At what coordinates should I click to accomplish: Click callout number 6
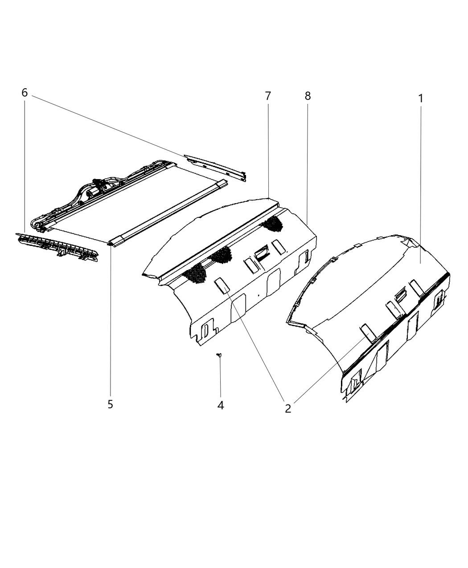pos(25,93)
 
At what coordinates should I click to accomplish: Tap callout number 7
pos(268,96)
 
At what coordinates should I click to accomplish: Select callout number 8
pos(308,96)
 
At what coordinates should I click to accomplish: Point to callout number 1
pos(420,98)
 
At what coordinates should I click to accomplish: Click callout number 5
pos(110,405)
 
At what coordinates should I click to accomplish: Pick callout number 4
pos(221,405)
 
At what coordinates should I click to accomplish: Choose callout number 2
pos(288,409)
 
